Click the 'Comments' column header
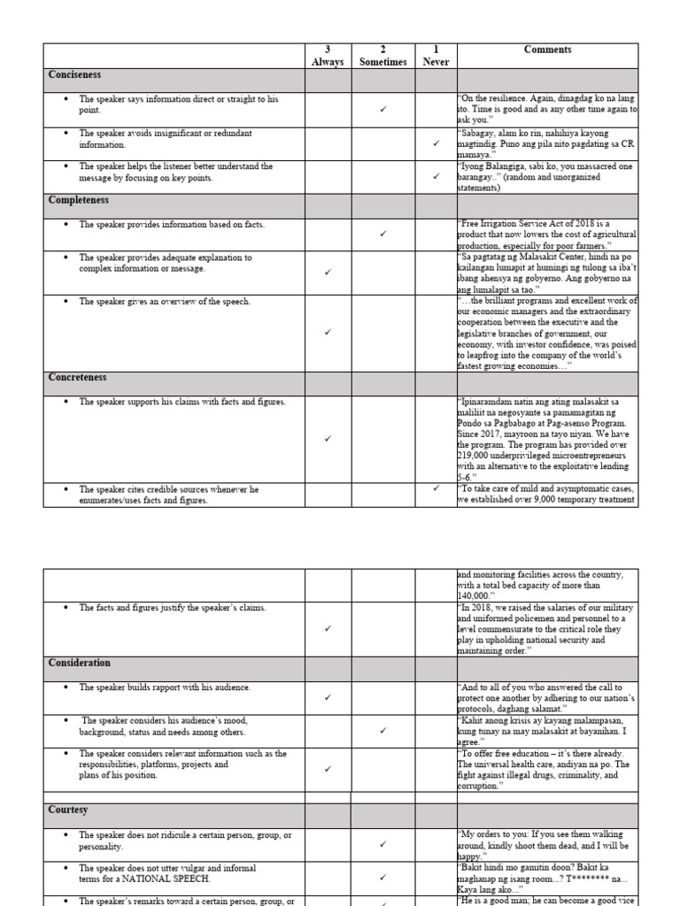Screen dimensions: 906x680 [547, 50]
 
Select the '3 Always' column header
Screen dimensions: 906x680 [328, 56]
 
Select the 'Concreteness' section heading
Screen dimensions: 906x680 [77, 378]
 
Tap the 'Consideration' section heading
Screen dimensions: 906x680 [81, 663]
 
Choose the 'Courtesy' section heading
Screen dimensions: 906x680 [68, 810]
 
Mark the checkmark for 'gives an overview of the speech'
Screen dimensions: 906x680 [328, 333]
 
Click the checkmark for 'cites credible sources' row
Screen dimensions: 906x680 [435, 488]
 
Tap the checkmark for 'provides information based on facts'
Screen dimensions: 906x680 [382, 234]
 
